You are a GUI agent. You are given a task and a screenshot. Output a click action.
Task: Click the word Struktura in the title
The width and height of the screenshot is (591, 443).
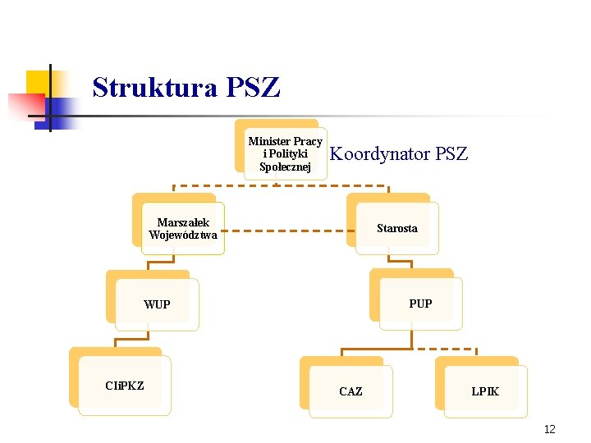point(153,87)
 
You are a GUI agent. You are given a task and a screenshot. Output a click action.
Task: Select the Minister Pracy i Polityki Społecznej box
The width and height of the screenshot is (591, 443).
point(286,154)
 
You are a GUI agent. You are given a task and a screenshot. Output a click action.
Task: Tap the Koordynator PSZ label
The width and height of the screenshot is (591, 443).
point(398,153)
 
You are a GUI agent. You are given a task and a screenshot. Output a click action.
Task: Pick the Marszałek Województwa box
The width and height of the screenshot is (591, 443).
point(183,229)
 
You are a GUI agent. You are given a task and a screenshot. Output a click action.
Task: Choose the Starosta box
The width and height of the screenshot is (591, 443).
point(397,228)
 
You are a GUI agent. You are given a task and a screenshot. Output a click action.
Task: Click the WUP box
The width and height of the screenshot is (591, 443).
point(157,304)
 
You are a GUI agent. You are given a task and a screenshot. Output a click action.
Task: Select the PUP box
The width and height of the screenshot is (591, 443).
point(420,304)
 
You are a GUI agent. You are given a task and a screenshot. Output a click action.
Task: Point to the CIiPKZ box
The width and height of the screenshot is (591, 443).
point(125,386)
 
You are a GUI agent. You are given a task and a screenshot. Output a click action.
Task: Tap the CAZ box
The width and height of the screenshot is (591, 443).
point(350,391)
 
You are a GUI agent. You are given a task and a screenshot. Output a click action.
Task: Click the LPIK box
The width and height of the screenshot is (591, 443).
point(485,391)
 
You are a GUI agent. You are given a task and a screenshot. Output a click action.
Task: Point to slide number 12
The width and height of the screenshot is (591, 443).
point(549,429)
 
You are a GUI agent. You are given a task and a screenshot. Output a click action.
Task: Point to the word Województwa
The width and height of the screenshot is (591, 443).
point(183,235)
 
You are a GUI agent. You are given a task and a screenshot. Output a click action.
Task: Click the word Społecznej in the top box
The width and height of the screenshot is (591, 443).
point(285,167)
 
